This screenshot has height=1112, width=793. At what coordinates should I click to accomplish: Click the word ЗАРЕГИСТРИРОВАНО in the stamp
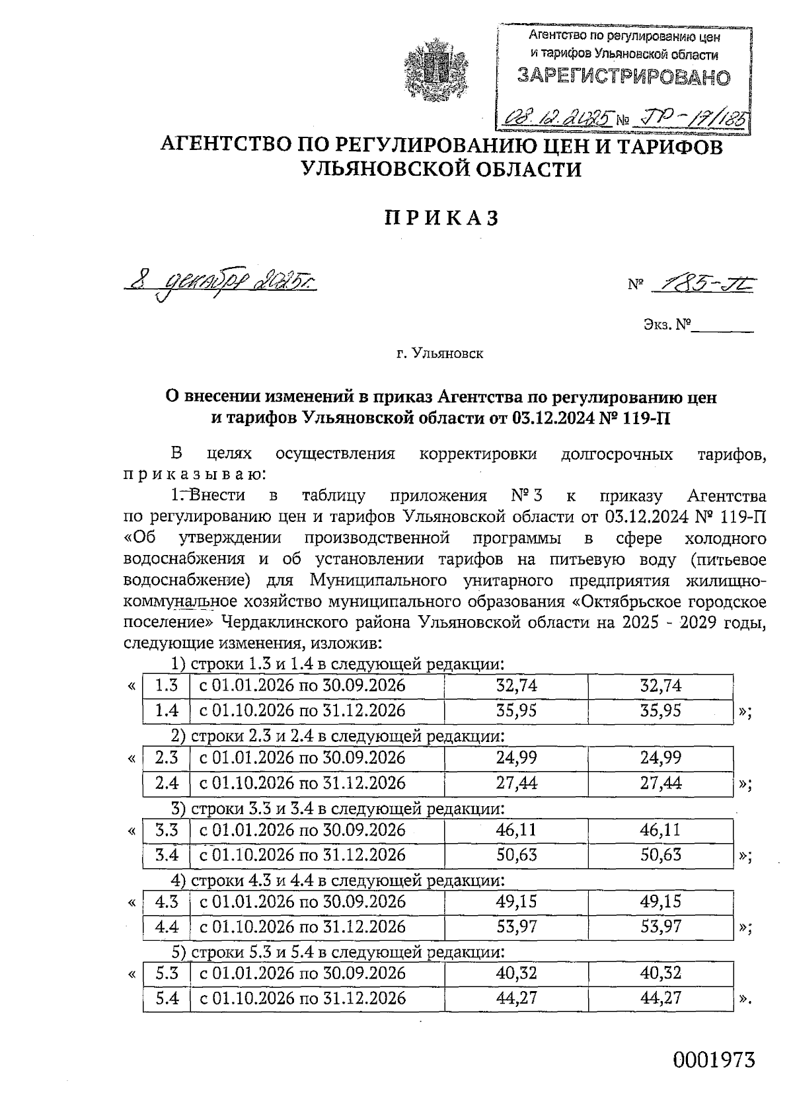[624, 77]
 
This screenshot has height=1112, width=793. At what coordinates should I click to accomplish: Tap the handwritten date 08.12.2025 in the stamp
[556, 118]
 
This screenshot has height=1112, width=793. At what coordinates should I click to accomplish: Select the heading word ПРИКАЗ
[441, 218]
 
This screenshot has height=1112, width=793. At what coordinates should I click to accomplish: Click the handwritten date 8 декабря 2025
[221, 283]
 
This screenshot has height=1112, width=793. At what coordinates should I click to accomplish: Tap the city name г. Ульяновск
[439, 354]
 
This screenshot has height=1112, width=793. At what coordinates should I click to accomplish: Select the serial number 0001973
[714, 1059]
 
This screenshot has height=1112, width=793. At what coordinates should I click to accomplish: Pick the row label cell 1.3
[167, 686]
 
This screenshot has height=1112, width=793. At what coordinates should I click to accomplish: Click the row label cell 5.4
[167, 998]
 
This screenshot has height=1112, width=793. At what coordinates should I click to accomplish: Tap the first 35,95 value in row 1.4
[516, 711]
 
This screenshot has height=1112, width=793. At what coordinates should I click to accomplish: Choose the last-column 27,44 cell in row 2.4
[660, 783]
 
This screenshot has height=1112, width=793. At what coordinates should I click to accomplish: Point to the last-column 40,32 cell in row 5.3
[660, 973]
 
